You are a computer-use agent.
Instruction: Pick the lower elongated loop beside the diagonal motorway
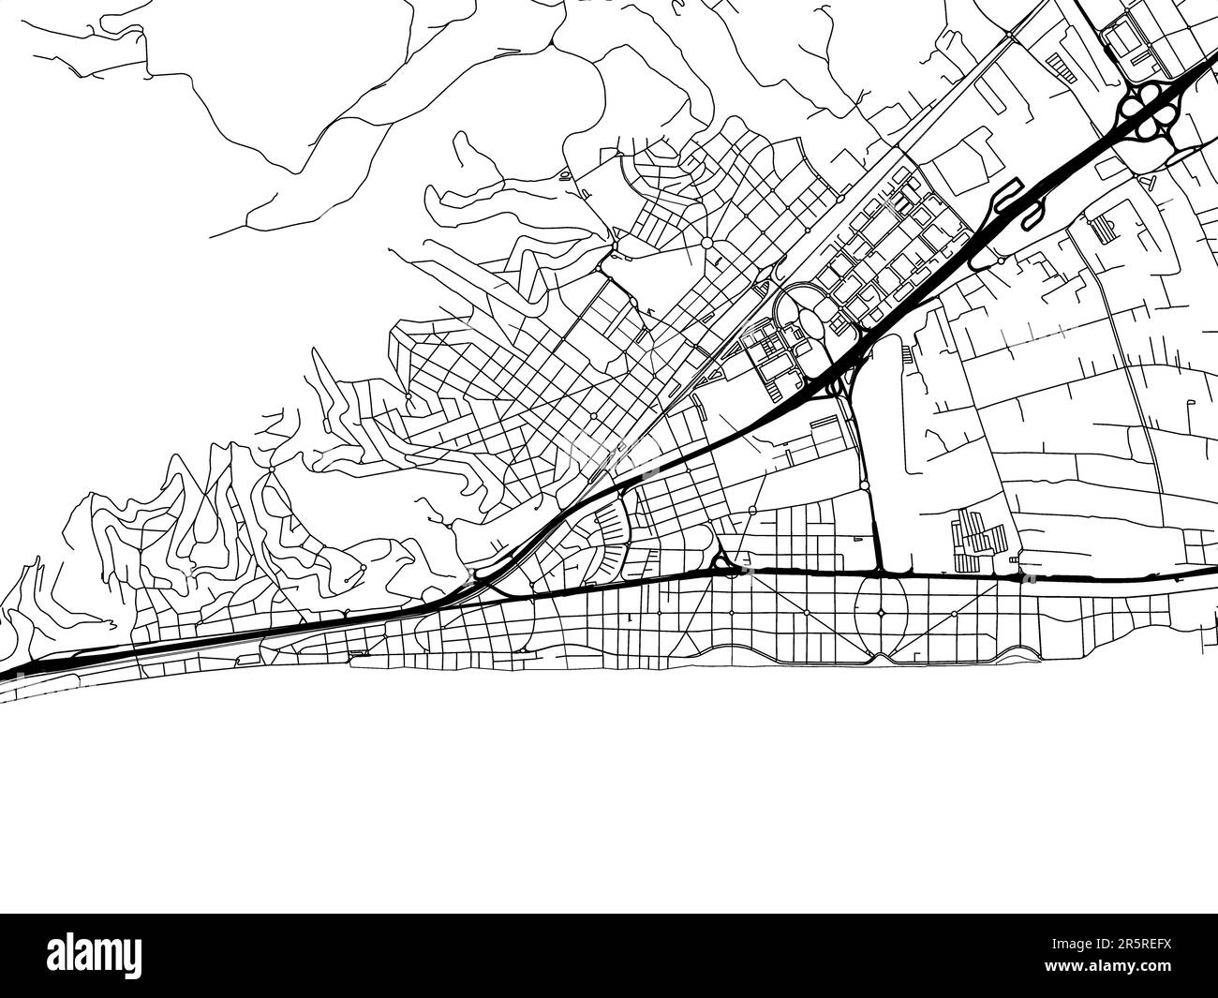(1032, 218)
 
